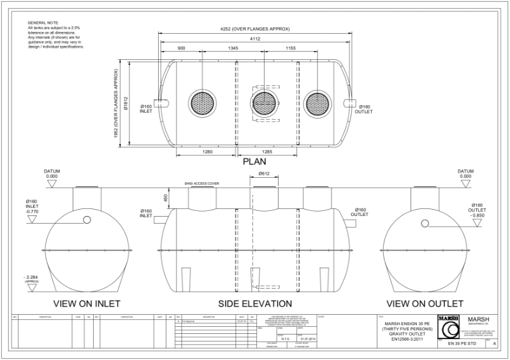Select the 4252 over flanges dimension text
pos(254,29)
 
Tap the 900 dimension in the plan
pos(181,48)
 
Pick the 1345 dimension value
pos(233,48)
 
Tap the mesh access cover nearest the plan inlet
pos(203,103)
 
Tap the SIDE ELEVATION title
pos(255,303)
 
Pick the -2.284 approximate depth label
pos(32,277)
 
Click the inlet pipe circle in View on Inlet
pos(86,220)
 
